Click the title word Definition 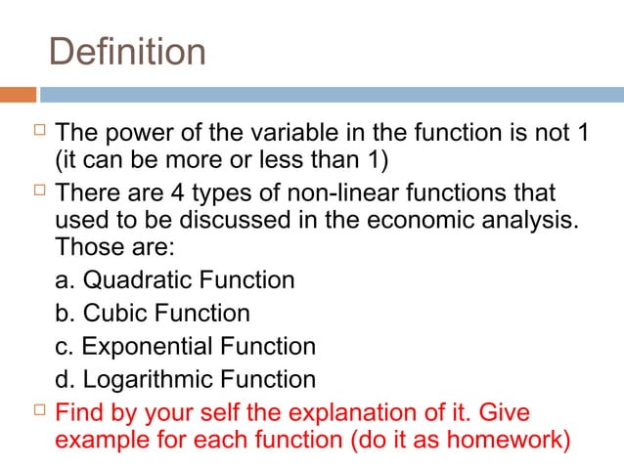(127, 52)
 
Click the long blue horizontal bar (333, 95)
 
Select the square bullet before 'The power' (24, 129)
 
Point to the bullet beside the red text (24, 408)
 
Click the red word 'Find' (78, 409)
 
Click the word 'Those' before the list (86, 248)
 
